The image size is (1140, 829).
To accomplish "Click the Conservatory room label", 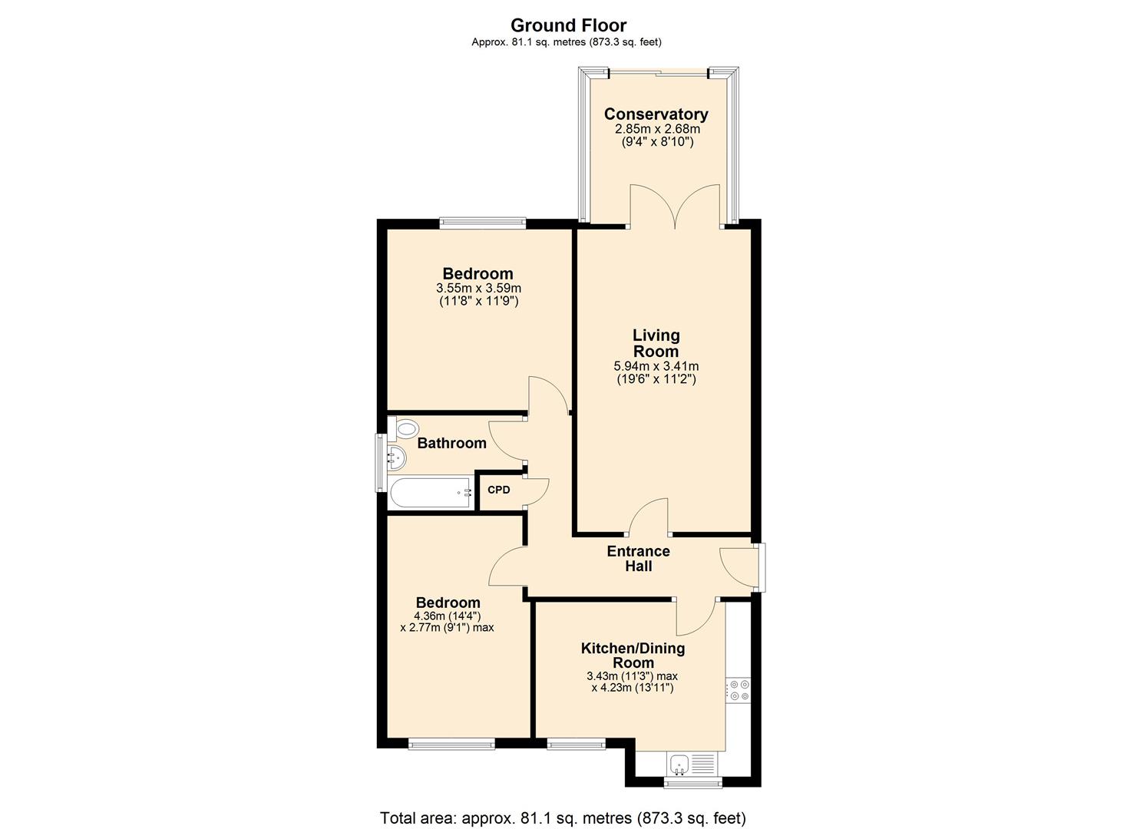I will pos(656,114).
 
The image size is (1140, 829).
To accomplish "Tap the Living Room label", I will pos(656,343).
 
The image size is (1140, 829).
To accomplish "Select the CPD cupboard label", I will pos(499,490).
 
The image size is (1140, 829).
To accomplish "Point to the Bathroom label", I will pos(451,443).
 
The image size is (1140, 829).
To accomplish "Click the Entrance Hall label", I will pos(638,559).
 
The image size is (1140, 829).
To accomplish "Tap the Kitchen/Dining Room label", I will pos(633,656).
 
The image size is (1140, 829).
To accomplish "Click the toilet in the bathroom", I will pos(405,428).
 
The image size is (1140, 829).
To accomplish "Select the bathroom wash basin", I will pos(395,458).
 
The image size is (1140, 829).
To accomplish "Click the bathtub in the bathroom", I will pos(430,493).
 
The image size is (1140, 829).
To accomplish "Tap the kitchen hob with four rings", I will pos(740,689).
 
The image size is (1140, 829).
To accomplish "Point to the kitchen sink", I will pos(679,763).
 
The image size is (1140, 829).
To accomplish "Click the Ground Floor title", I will pos(568,25).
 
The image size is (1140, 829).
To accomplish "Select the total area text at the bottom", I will pos(563,818).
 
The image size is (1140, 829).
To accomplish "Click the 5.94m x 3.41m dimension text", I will pos(656,366).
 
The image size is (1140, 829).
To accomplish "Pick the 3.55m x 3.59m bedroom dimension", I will pos(478,288).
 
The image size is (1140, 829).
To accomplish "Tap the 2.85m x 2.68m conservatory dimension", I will pos(656,129).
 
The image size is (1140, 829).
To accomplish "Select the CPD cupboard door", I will pos(537,492).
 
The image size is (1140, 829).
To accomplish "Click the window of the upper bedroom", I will pos(483,223).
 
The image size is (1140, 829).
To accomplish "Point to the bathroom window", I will pos(378,463).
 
